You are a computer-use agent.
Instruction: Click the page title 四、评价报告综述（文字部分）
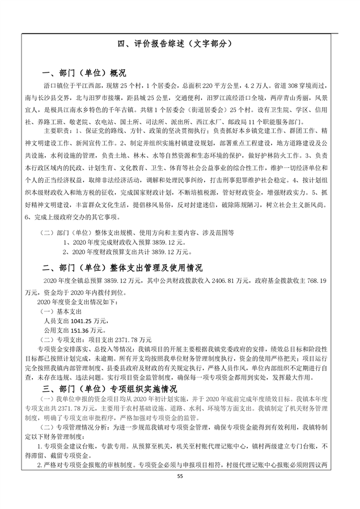[x=179, y=43]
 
